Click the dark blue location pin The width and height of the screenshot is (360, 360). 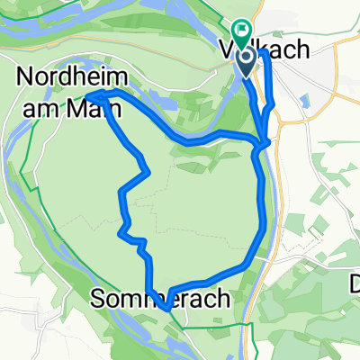pyautogui.click(x=247, y=60)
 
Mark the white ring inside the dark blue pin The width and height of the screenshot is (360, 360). pyautogui.click(x=247, y=57)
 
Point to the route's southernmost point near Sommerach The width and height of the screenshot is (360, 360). pyautogui.click(x=167, y=311)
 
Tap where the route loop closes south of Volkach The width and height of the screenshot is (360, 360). pyautogui.click(x=260, y=144)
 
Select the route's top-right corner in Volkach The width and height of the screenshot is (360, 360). pyautogui.click(x=265, y=52)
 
